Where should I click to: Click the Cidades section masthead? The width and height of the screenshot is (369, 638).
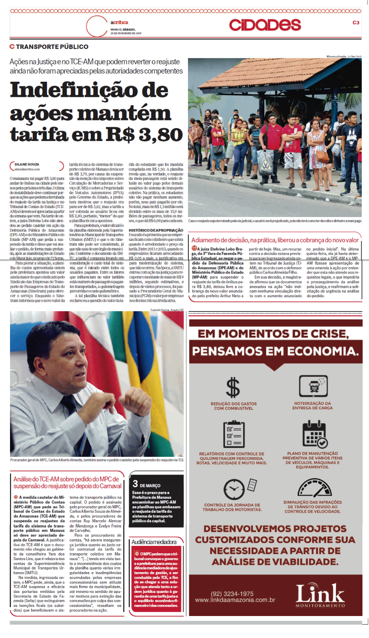click(265, 25)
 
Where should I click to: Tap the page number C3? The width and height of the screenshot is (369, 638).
click(356, 23)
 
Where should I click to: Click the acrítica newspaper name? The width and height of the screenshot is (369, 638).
click(119, 22)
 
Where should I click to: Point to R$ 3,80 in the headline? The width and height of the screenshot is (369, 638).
click(144, 135)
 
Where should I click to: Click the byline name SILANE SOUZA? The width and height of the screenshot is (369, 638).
click(27, 165)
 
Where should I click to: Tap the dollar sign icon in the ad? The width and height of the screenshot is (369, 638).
click(233, 387)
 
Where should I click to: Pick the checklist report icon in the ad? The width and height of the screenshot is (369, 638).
click(234, 434)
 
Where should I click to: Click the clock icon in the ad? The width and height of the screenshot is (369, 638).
click(234, 489)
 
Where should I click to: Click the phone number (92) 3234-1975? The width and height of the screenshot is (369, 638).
click(232, 594)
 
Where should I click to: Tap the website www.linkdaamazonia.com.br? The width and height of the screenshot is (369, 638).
click(235, 600)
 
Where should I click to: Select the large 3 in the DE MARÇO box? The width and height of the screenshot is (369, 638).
click(135, 484)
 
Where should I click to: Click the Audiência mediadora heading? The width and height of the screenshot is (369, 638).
click(154, 542)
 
